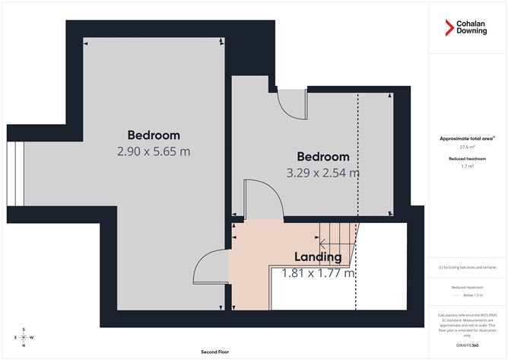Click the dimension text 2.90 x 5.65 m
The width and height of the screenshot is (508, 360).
154,151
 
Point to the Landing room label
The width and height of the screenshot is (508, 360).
317,256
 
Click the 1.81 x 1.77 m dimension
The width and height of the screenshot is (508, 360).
319,272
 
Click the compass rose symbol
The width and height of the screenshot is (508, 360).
24,337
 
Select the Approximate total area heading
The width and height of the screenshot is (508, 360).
466,139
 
